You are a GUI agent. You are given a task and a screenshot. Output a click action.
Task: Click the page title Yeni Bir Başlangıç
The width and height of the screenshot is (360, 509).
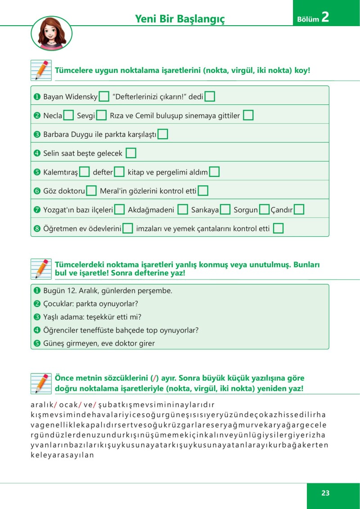[x=180, y=18]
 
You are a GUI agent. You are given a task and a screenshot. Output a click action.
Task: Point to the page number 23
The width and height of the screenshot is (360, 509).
[x=326, y=493]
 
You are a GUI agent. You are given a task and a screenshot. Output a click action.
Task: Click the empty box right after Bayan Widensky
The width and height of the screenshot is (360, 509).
[x=104, y=96]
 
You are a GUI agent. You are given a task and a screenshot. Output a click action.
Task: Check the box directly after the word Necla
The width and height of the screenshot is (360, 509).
[x=68, y=115]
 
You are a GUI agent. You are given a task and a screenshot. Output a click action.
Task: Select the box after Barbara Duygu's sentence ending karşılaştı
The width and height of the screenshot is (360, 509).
[x=163, y=134]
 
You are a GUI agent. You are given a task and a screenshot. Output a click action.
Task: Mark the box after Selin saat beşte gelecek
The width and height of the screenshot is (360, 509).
[x=131, y=153]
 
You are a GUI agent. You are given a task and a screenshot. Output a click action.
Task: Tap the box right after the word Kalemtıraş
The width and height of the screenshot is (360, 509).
[x=84, y=172]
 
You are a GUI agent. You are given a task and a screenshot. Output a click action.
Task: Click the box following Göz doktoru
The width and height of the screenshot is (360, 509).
[x=91, y=191]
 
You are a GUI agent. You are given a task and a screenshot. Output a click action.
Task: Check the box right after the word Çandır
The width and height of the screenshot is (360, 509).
[x=299, y=210]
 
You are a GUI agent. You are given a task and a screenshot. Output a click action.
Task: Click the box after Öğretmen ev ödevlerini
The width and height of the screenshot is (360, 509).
[x=128, y=229]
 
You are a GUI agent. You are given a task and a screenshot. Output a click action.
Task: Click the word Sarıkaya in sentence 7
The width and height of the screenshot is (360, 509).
[x=205, y=210]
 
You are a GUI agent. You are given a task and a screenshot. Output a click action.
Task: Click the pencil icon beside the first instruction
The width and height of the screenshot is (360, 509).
[x=41, y=70]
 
